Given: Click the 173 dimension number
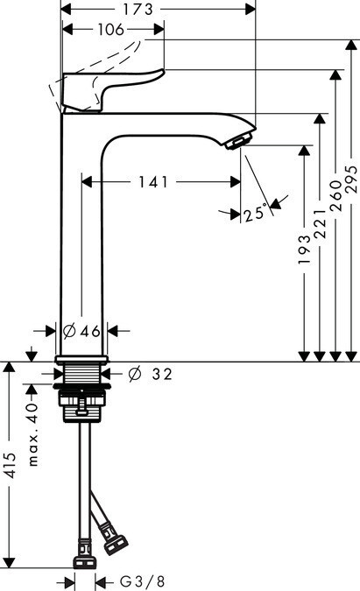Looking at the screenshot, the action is coord(138,10).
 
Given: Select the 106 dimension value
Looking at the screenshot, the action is coord(111,30).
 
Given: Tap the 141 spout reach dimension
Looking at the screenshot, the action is coord(152,182).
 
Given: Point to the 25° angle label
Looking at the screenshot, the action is coord(256,214).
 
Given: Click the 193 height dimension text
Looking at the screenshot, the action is coord(304,250).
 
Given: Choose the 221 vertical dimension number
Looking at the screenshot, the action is coord(320,223).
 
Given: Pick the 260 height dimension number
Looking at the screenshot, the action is coord(335,195).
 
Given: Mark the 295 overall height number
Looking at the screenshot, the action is coord(351,179).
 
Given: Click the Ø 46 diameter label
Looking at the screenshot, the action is coord(81,331).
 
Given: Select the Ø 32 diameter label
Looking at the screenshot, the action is coord(150,374).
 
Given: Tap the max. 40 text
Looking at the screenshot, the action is coord(33,434).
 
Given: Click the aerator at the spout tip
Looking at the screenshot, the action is coord(238,142).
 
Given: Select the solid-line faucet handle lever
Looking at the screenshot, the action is coord(113,90).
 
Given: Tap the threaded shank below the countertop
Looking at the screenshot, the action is coord(81,373).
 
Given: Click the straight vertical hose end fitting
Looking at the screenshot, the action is coord(84,553).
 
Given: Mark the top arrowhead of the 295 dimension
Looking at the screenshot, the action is coord(351,45).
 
